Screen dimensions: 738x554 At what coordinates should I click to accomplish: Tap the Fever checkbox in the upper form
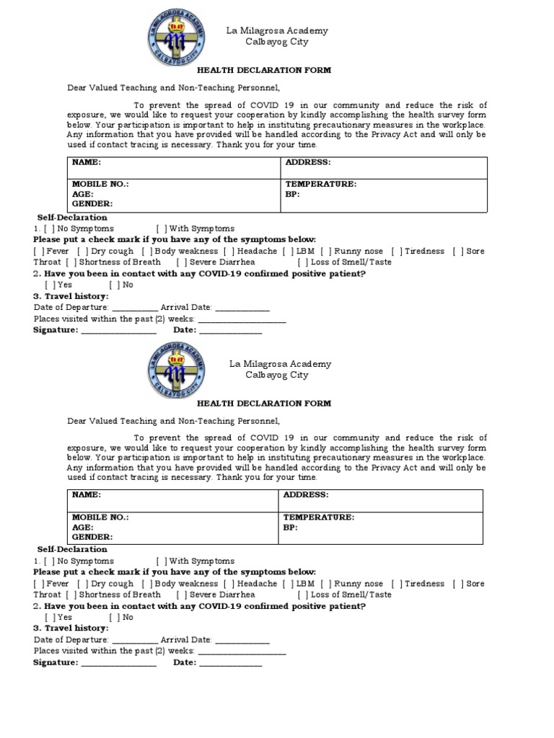(x=38, y=251)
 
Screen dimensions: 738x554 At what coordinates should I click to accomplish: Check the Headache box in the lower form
(x=229, y=584)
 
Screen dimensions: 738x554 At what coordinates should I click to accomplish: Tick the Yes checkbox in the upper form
(x=48, y=285)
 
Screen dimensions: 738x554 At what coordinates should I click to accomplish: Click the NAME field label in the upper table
(x=86, y=163)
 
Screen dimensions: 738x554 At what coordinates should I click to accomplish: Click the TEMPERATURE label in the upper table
(x=320, y=184)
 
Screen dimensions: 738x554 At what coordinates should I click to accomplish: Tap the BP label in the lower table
(x=290, y=528)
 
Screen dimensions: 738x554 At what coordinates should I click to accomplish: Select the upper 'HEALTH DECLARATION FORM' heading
(x=264, y=71)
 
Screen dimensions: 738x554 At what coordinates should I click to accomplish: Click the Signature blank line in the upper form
(x=118, y=332)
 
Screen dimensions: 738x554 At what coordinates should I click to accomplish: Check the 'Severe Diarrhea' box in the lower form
(x=180, y=595)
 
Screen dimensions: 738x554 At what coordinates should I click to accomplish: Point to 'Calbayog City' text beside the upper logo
(x=277, y=42)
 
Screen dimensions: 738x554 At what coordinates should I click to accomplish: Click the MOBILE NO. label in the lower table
(x=100, y=517)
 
